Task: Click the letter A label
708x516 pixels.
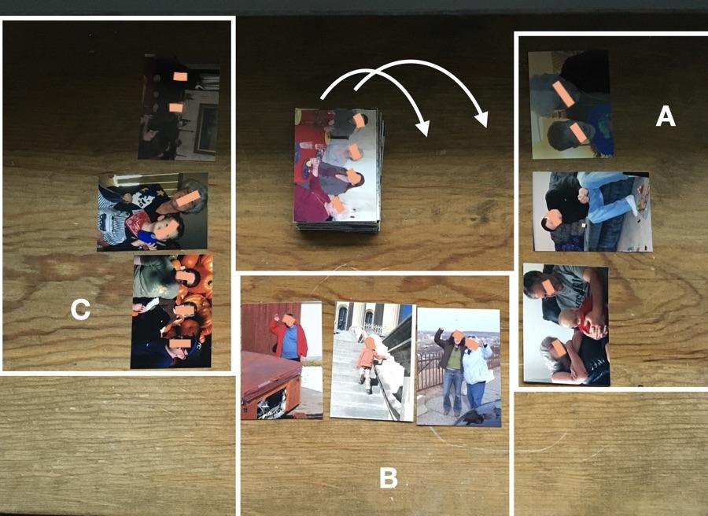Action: coord(665,116)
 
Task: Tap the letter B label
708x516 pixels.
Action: coord(388,477)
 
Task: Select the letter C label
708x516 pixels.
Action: coord(80,310)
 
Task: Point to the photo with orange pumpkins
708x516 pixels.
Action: coord(171,311)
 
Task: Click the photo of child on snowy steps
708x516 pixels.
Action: coord(371,361)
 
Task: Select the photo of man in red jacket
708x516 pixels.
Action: coord(282,360)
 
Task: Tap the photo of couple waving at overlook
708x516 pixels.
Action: coord(459,367)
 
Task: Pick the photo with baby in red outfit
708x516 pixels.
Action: coord(566,325)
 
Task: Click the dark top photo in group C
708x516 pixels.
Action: coord(179,108)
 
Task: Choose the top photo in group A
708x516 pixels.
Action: coord(571,104)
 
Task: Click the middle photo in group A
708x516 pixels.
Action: coord(592,212)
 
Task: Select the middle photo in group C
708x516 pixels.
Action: coord(153,212)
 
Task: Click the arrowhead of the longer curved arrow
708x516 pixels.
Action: coord(481,120)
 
